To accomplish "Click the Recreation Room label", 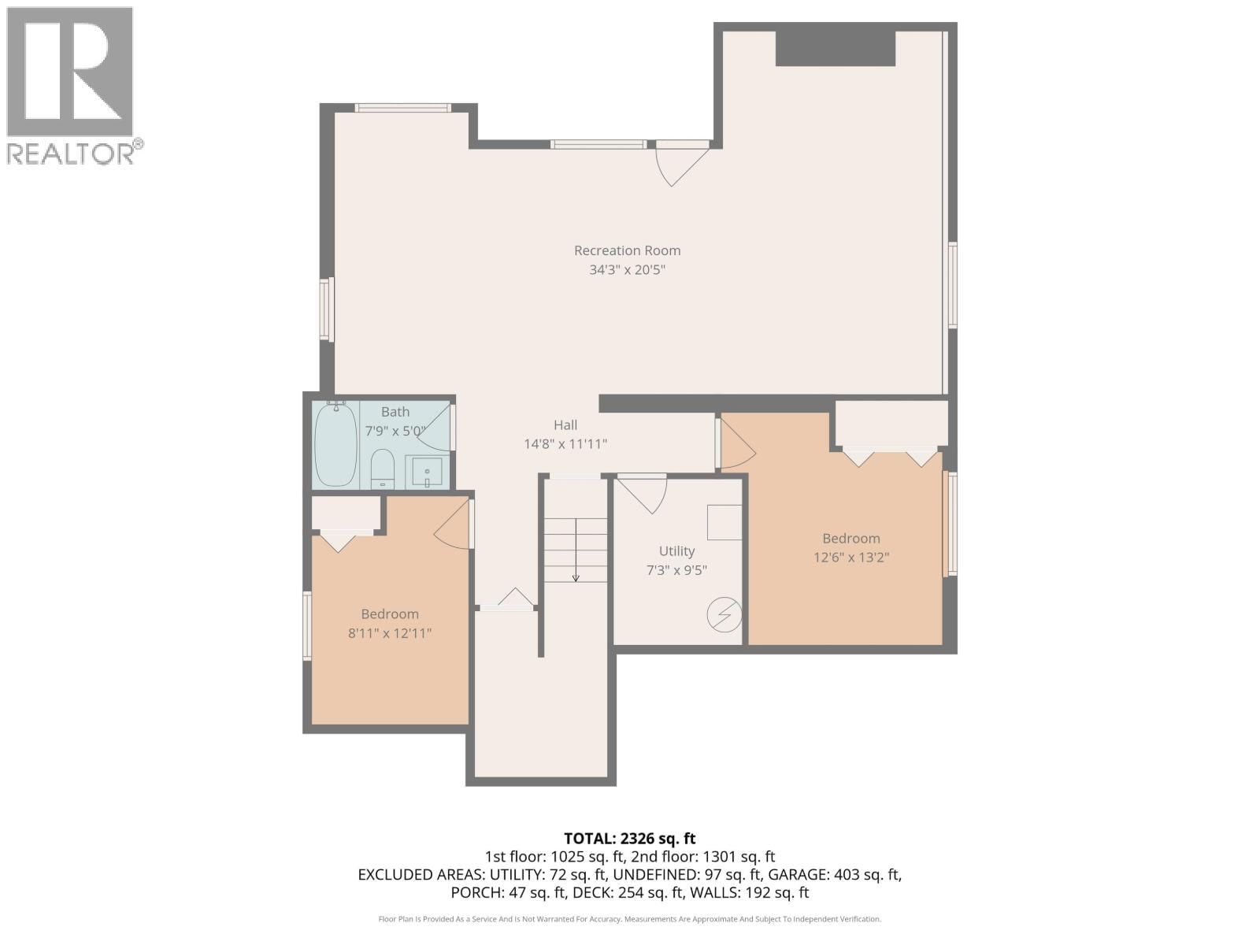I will click(627, 250).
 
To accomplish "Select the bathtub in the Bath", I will click(335, 445).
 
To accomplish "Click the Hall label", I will click(565, 425).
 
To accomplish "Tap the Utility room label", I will click(676, 551).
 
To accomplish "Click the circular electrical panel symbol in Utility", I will click(724, 615).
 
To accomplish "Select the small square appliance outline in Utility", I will click(724, 522).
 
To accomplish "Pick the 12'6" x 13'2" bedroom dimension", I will click(851, 558).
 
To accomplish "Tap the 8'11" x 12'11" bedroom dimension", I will click(390, 633).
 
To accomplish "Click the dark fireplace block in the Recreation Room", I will click(836, 49).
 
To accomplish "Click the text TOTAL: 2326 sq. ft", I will click(629, 839).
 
